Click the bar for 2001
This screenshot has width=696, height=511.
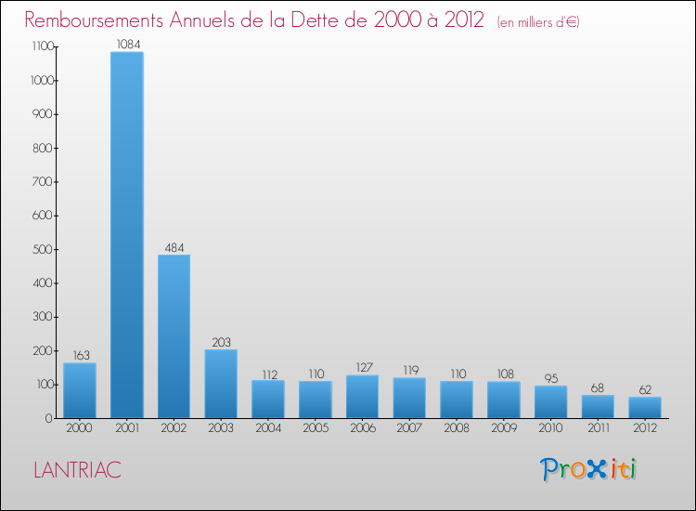126,234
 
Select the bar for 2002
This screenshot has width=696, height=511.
174,335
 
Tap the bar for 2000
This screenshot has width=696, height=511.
80,389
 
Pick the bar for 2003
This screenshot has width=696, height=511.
221,383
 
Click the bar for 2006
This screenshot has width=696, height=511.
362,396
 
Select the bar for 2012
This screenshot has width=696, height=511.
645,407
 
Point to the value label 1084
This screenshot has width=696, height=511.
127,44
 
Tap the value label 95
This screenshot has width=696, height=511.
550,378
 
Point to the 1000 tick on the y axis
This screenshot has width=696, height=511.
39,81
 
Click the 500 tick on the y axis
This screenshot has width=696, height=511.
43,249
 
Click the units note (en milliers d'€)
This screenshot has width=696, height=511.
538,22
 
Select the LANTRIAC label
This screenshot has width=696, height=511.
77,470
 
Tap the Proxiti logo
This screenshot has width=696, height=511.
589,469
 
